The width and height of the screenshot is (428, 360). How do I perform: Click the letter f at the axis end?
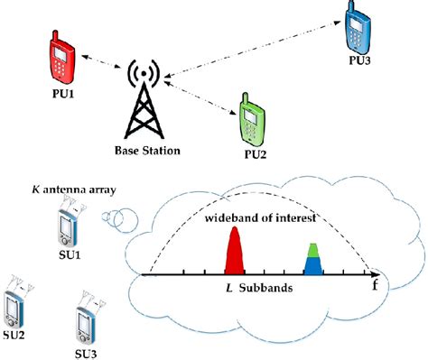pos(374,287)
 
